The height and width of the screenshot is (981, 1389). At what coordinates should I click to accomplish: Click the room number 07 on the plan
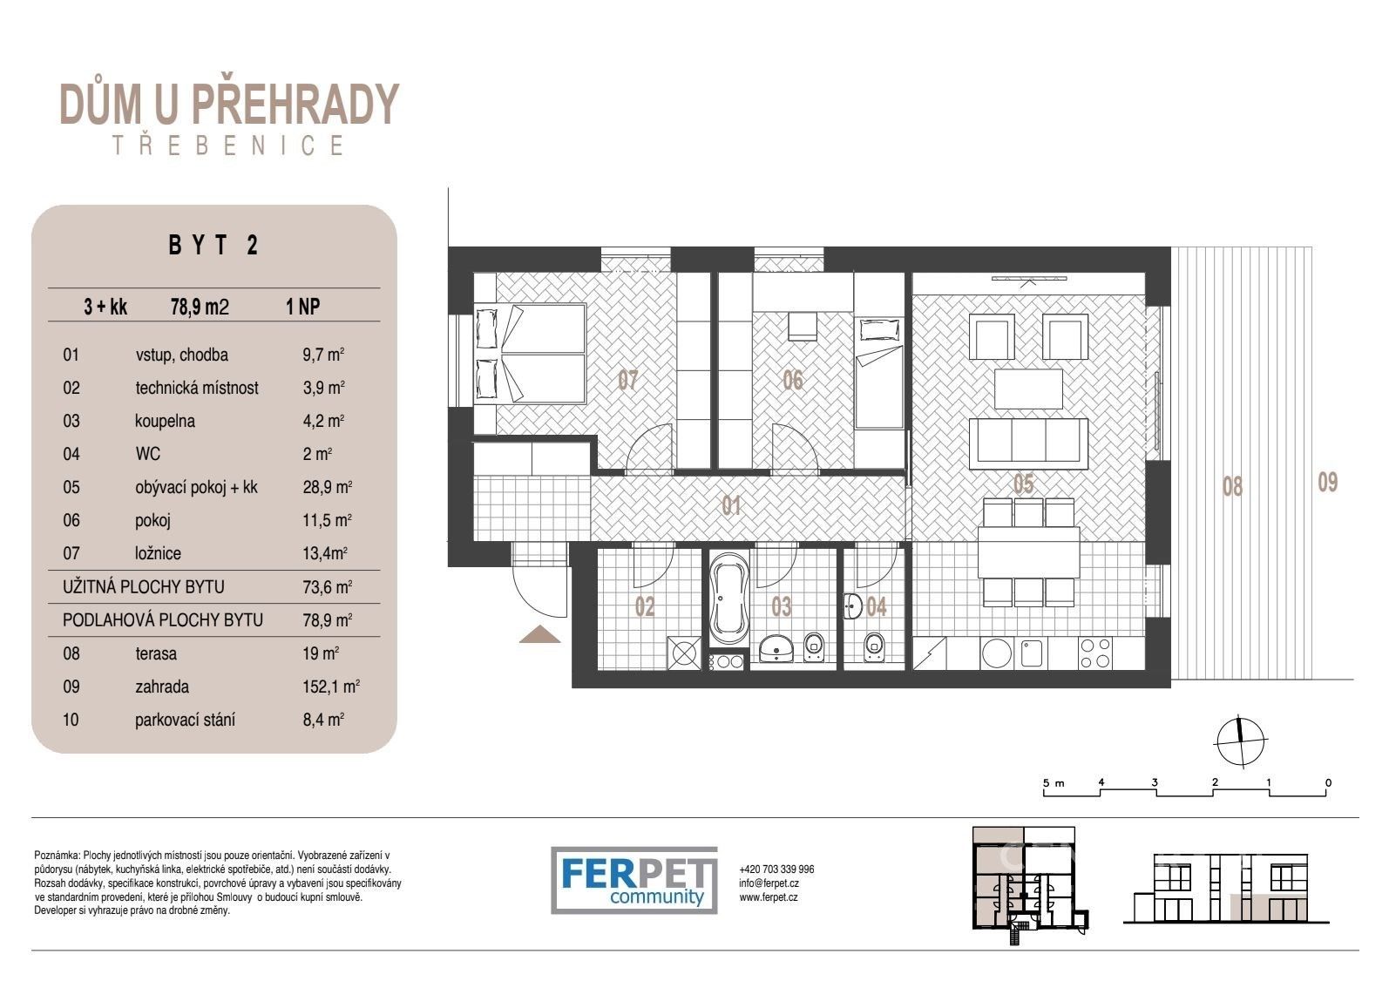(x=628, y=380)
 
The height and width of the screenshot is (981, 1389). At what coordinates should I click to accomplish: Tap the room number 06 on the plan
(x=792, y=380)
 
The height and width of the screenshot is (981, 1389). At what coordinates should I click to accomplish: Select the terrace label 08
(x=1231, y=486)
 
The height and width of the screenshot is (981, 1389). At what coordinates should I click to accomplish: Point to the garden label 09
(x=1326, y=482)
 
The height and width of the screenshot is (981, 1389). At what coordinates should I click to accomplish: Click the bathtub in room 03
(x=728, y=600)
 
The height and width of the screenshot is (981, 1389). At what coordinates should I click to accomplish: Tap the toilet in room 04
(x=872, y=646)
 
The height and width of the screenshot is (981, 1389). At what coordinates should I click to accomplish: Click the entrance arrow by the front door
(x=540, y=634)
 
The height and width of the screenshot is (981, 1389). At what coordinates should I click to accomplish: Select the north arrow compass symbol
(x=1241, y=741)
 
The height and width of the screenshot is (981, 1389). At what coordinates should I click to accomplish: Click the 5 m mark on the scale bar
(x=1054, y=783)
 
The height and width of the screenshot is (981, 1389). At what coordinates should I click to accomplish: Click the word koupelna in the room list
(x=165, y=421)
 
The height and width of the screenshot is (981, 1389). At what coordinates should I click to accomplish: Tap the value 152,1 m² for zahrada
(x=331, y=687)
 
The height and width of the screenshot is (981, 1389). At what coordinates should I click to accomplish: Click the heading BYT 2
(x=213, y=246)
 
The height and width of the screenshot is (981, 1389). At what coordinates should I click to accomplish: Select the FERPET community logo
(x=634, y=880)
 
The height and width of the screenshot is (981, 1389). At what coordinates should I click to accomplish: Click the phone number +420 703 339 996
(x=776, y=869)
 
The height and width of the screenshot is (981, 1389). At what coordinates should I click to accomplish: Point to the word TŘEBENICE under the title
(x=228, y=145)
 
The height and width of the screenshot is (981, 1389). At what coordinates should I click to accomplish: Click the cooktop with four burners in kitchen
(x=1094, y=653)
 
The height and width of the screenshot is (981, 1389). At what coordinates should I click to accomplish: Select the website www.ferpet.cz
(x=769, y=896)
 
